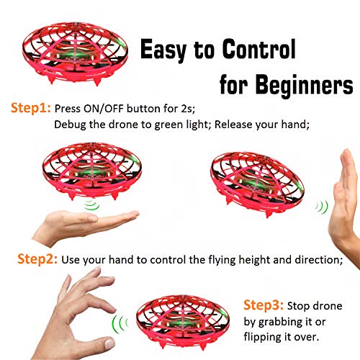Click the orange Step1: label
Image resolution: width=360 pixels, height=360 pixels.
pyautogui.click(x=31, y=108)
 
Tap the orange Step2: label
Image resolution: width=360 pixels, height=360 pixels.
pyautogui.click(x=37, y=259)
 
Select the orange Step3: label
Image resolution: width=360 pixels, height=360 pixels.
pyautogui.click(x=264, y=305)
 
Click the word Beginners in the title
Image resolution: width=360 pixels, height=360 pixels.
pyautogui.click(x=304, y=85)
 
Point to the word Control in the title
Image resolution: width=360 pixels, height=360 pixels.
pyautogui.click(x=258, y=49)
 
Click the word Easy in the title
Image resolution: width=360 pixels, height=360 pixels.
pyautogui.click(x=163, y=50)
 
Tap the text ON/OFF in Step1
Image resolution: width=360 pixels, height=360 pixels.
pyautogui.click(x=103, y=109)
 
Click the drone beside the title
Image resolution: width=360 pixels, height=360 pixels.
pyautogui.click(x=75, y=53)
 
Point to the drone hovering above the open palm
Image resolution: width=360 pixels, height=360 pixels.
pyautogui.click(x=92, y=171)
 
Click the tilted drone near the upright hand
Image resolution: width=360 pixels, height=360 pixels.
pyautogui.click(x=257, y=184)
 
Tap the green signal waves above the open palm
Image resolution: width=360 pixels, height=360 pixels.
pyautogui.click(x=92, y=204)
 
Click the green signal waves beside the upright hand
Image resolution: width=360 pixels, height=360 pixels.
pyautogui.click(x=322, y=207)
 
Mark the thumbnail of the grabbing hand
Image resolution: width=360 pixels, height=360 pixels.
pyautogui.click(x=109, y=343)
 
